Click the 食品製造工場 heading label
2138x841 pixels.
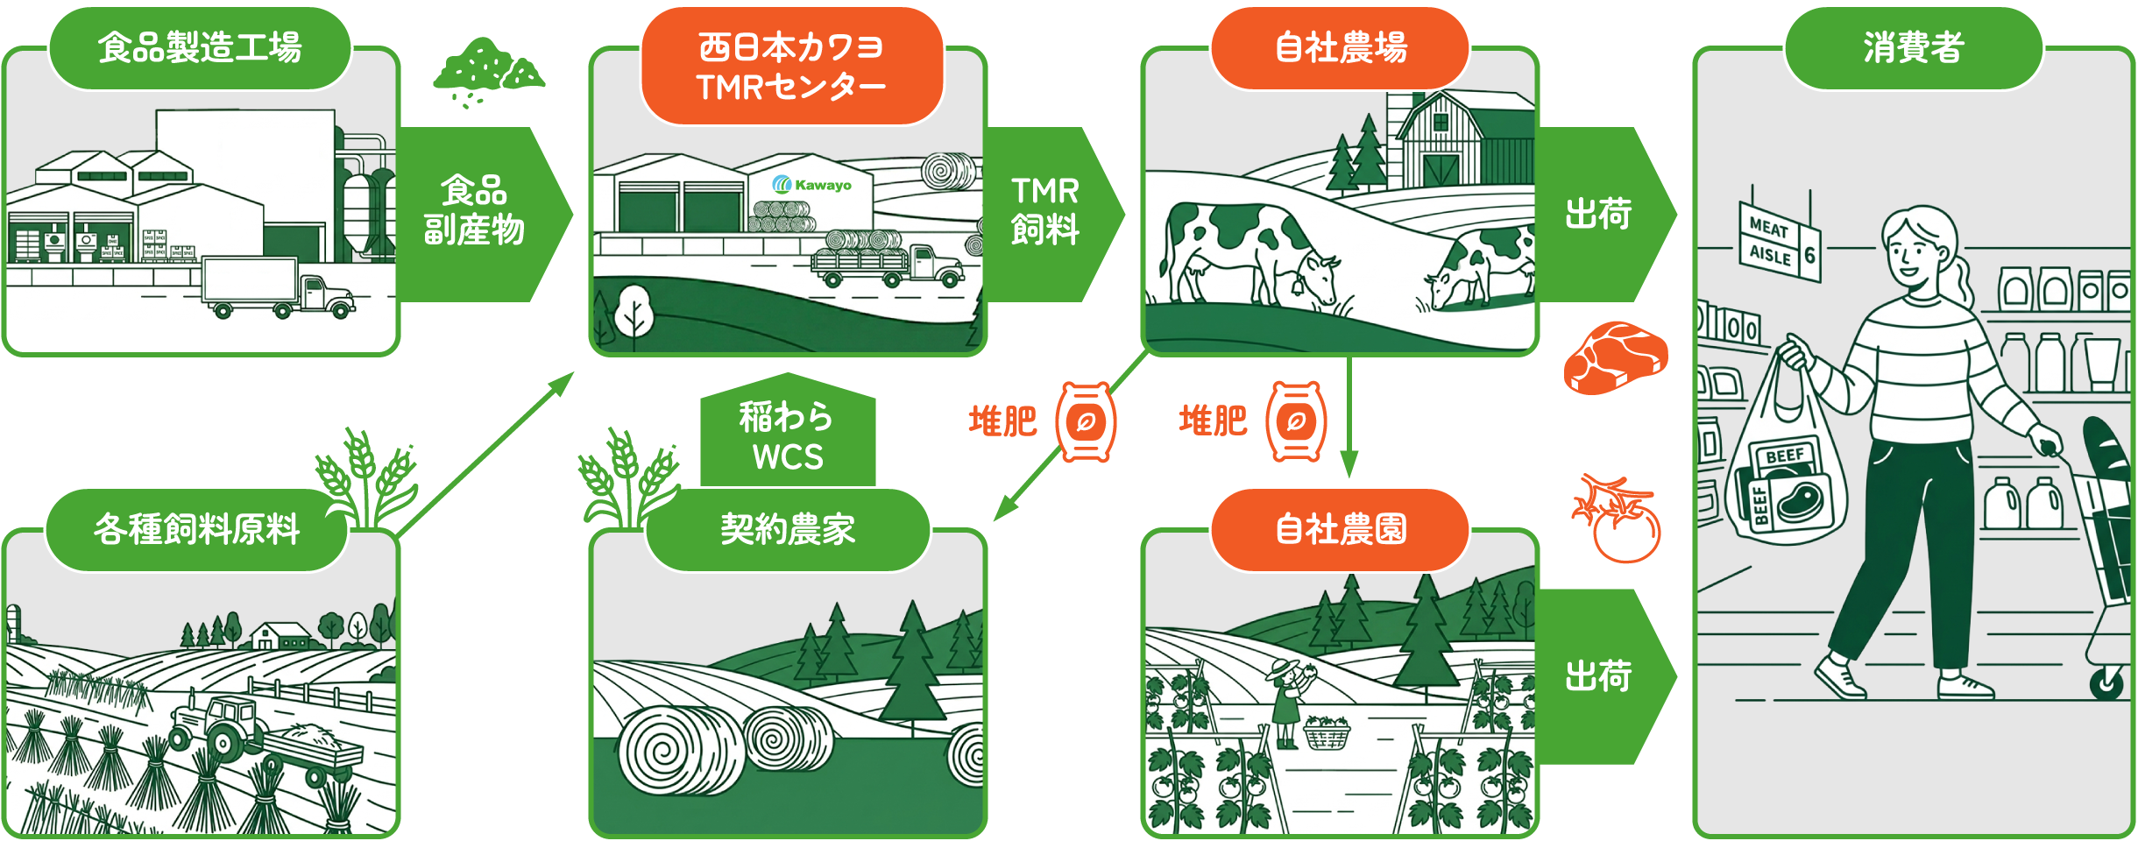pos(200,47)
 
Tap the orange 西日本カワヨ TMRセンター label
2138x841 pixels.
pos(791,67)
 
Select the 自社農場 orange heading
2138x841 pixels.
pos(1340,47)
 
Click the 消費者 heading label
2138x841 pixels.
pos(1914,47)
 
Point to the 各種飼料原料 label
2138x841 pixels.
pos(196,529)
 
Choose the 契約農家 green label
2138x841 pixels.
pos(787,529)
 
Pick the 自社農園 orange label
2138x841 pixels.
pos(1340,529)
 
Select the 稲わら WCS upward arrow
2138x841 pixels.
pos(788,435)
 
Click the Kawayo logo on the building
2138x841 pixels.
pos(812,185)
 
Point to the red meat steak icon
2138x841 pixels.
pos(1615,357)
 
